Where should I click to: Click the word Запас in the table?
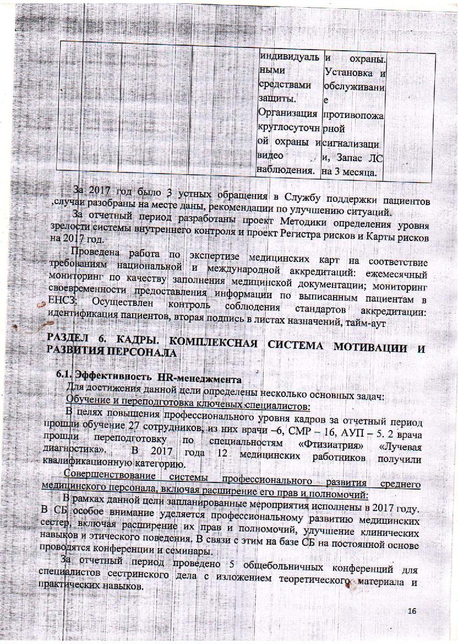pyautogui.click(x=349, y=158)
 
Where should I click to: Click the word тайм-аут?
pyautogui.click(x=350, y=325)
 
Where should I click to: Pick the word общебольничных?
pyautogui.click(x=276, y=563)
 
